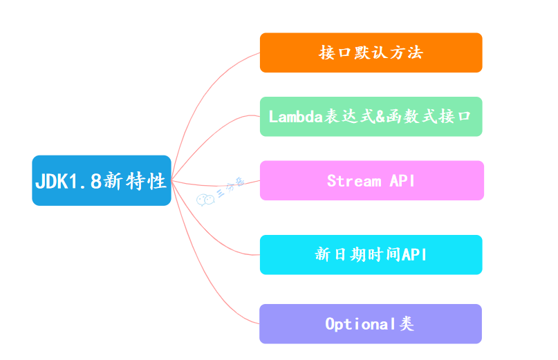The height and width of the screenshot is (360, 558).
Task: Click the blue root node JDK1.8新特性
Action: (x=101, y=180)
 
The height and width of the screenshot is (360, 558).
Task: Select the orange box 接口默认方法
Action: (x=371, y=53)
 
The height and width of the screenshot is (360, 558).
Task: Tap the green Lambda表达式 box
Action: (x=371, y=116)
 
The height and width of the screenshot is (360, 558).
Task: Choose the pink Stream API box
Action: (x=371, y=180)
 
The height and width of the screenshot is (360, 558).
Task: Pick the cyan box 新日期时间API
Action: (x=371, y=254)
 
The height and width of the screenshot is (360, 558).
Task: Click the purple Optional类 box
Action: (x=370, y=323)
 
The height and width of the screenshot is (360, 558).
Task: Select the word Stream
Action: (x=354, y=181)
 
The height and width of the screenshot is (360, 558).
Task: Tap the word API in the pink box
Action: (x=402, y=181)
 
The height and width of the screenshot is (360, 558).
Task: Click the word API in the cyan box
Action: (x=414, y=255)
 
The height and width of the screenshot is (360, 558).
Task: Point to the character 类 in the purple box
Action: (x=406, y=324)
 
